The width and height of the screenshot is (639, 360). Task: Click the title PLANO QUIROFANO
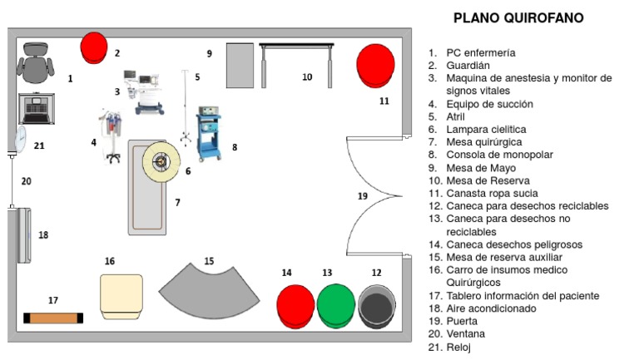(x=518, y=17)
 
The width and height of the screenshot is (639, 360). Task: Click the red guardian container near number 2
(x=93, y=47)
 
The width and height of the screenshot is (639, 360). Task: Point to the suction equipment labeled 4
(x=108, y=136)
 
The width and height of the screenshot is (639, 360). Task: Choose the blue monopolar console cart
(x=208, y=133)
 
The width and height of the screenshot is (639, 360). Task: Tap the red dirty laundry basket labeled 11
(x=375, y=64)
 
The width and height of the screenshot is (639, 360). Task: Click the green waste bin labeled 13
(x=335, y=305)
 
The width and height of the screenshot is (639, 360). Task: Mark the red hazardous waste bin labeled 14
(x=295, y=305)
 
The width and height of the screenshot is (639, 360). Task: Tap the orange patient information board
(x=53, y=318)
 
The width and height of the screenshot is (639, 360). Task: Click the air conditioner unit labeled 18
(x=21, y=235)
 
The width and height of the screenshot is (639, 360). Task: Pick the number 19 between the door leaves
(x=362, y=196)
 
